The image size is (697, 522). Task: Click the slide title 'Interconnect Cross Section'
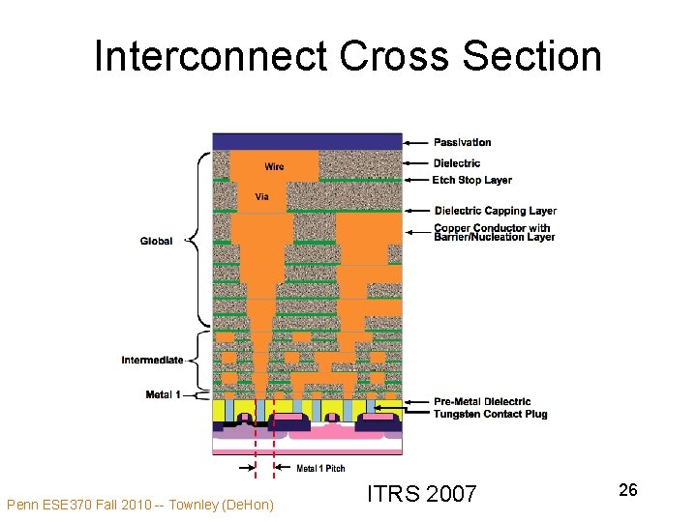pyautogui.click(x=348, y=56)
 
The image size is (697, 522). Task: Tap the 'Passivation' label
pyautogui.click(x=462, y=143)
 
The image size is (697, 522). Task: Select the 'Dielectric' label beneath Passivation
pyautogui.click(x=456, y=163)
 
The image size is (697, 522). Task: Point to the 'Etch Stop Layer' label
pyautogui.click(x=472, y=180)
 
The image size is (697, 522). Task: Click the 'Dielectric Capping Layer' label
pyautogui.click(x=495, y=211)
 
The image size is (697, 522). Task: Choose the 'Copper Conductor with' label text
pyautogui.click(x=493, y=228)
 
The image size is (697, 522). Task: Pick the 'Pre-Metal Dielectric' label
pyautogui.click(x=482, y=402)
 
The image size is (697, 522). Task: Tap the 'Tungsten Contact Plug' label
pyautogui.click(x=490, y=414)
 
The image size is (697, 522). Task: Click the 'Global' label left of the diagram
pyautogui.click(x=156, y=241)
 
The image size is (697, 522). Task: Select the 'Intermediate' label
pyautogui.click(x=152, y=361)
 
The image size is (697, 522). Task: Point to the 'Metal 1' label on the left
pyautogui.click(x=163, y=394)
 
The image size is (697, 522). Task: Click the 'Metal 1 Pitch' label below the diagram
pyautogui.click(x=320, y=469)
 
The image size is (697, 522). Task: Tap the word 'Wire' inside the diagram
pyautogui.click(x=274, y=166)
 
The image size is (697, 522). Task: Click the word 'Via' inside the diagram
pyautogui.click(x=261, y=197)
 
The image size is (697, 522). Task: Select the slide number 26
pyautogui.click(x=627, y=490)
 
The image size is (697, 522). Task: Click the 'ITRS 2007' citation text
pyautogui.click(x=421, y=494)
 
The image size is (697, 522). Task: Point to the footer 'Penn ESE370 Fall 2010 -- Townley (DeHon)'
pyautogui.click(x=139, y=504)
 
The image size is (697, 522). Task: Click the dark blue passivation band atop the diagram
pyautogui.click(x=307, y=141)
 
